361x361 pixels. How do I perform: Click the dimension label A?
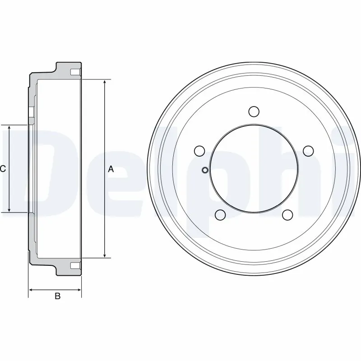pyautogui.click(x=111, y=169)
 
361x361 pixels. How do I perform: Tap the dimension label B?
pyautogui.click(x=57, y=296)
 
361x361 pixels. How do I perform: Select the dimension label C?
pyautogui.click(x=3, y=169)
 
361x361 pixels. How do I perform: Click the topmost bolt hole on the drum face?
pyautogui.click(x=254, y=111)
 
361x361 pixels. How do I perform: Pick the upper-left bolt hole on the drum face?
pyautogui.click(x=199, y=150)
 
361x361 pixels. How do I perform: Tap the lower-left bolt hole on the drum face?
pyautogui.click(x=220, y=215)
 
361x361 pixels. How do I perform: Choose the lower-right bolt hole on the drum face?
pyautogui.click(x=287, y=215)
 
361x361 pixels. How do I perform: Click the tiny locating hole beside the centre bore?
pyautogui.click(x=204, y=170)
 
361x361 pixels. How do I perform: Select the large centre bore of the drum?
pyautogui.click(x=254, y=169)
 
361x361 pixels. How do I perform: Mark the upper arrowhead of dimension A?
pyautogui.click(x=105, y=83)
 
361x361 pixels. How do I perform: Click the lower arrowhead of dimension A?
pyautogui.click(x=105, y=255)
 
